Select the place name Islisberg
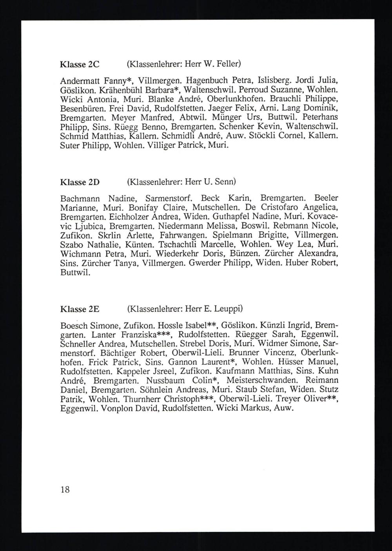coord(274,80)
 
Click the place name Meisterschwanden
coord(264,381)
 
